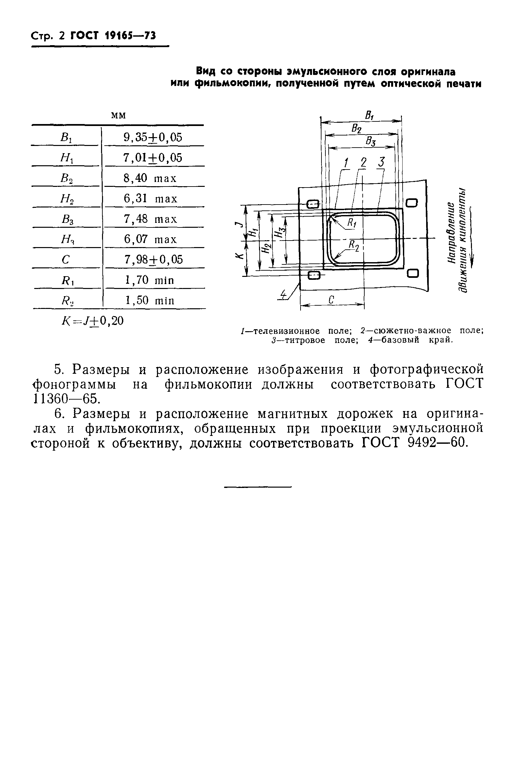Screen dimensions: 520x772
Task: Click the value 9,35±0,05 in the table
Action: [x=153, y=137]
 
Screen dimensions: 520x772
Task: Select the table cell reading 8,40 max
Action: [x=150, y=178]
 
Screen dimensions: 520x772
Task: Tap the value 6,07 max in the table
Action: [x=150, y=239]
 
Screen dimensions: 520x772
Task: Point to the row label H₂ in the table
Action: [x=67, y=199]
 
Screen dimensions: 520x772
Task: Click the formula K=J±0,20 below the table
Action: [x=93, y=321]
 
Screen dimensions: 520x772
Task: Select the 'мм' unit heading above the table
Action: [x=118, y=115]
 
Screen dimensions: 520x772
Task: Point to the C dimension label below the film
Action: [x=331, y=300]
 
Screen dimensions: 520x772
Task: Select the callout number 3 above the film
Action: [x=381, y=162]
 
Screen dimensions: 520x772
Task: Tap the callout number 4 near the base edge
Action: [x=283, y=294]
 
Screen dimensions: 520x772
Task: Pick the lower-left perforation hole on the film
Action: [x=314, y=275]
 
